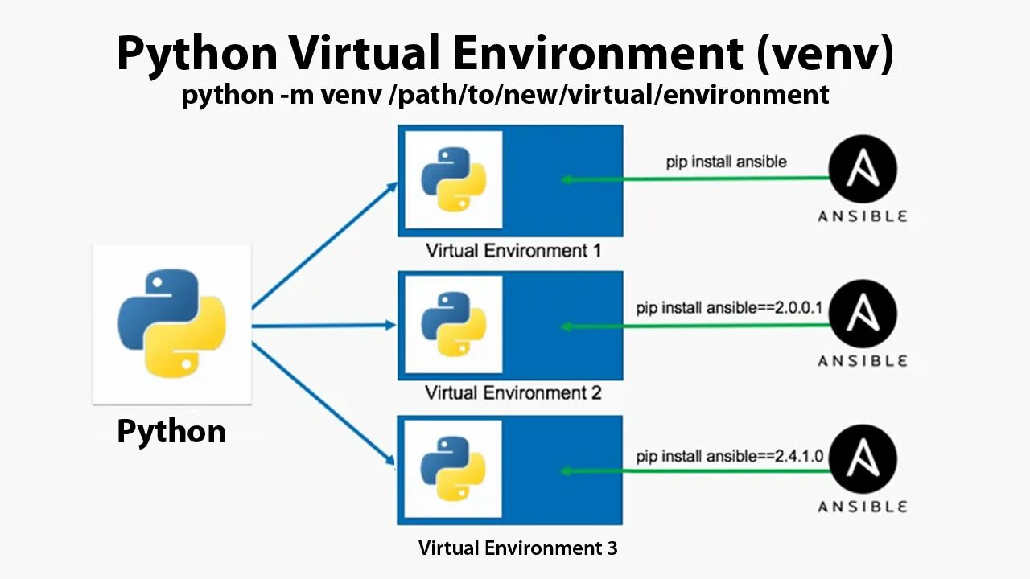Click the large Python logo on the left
point(171,323)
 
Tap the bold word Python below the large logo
point(171,432)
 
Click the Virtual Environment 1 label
point(513,251)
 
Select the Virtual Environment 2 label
point(513,393)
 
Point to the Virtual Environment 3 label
point(518,548)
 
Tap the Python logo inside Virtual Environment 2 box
point(454,324)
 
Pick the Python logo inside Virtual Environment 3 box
point(454,469)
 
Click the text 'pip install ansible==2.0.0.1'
point(730,308)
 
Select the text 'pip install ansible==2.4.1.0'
point(730,457)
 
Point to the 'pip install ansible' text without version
point(726,162)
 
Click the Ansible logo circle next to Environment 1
point(863,168)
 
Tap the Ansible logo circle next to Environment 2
point(863,314)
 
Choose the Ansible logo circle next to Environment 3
point(863,458)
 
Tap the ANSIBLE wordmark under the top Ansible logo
point(863,216)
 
